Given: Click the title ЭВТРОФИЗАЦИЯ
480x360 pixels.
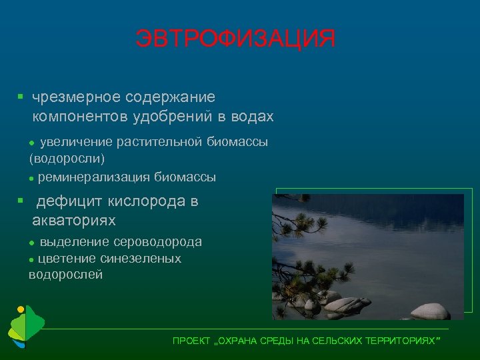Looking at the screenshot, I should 235,39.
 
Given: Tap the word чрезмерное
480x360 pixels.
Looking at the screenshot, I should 71,97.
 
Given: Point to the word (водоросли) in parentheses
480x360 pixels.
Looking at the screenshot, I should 67,159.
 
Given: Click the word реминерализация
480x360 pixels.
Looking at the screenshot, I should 95,177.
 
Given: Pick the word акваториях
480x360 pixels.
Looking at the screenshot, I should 74,220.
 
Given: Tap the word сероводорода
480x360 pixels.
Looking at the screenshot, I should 158,242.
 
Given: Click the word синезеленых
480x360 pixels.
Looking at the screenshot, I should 141,258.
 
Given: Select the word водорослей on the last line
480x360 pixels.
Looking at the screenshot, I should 66,274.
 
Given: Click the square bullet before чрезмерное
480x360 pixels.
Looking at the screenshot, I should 21,97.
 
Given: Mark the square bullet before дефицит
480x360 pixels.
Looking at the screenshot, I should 21,201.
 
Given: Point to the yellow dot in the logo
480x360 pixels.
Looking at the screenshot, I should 21,309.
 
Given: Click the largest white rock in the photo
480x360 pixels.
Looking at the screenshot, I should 430,311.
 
